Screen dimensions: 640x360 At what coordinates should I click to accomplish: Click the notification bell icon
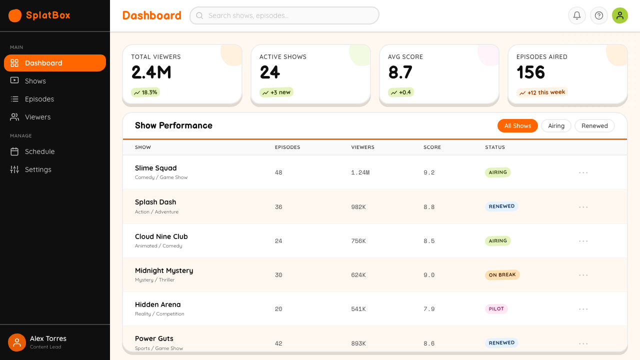(x=577, y=15)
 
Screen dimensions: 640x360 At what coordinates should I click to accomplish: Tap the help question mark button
(x=599, y=15)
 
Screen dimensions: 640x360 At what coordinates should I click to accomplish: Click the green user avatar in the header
(x=619, y=15)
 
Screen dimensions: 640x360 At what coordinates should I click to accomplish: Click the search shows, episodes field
(x=284, y=15)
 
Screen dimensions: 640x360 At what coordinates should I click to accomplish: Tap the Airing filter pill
(x=556, y=125)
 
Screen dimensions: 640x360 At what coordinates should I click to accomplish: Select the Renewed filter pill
(x=594, y=125)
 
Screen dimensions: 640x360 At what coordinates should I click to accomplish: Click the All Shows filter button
(x=517, y=125)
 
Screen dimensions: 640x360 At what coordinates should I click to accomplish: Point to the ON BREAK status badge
(x=502, y=275)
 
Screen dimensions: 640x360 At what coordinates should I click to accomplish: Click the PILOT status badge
(x=496, y=309)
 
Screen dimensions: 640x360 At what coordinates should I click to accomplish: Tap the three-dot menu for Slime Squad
(x=583, y=172)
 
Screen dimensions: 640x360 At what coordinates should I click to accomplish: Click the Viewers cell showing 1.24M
(x=360, y=172)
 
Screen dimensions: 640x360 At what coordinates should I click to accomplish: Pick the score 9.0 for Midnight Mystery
(x=429, y=275)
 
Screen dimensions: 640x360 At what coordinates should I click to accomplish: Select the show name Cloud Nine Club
(x=161, y=236)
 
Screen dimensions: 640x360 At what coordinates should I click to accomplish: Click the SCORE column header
(x=432, y=147)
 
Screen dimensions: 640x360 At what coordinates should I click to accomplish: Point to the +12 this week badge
(x=541, y=92)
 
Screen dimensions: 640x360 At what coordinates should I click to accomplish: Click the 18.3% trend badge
(x=145, y=92)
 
